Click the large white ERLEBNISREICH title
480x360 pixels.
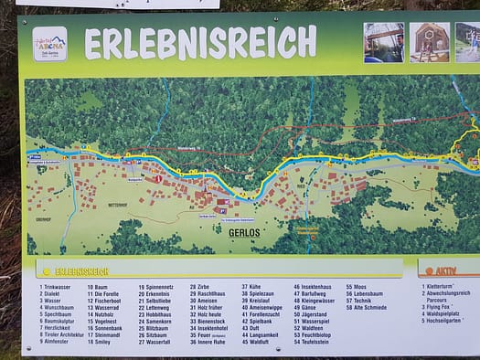pyautogui.click(x=200, y=42)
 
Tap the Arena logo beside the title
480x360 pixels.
pyautogui.click(x=49, y=43)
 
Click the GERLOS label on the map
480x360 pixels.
pyautogui.click(x=241, y=232)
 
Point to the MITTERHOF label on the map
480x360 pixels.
pyautogui.click(x=119, y=205)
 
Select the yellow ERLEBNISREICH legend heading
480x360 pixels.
pyautogui.click(x=81, y=271)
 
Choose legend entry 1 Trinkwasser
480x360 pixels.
pyautogui.click(x=57, y=287)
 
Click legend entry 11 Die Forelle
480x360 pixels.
pyautogui.click(x=108, y=294)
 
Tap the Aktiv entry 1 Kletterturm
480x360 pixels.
pyautogui.click(x=443, y=287)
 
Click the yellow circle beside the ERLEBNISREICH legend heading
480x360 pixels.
pyautogui.click(x=47, y=271)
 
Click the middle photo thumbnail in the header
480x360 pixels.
pyautogui.click(x=429, y=43)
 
